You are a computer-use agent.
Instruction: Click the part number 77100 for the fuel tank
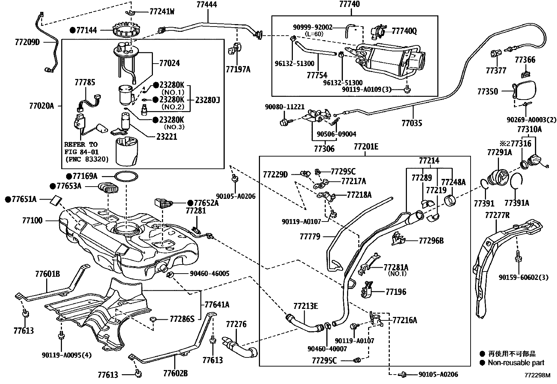point(32,220)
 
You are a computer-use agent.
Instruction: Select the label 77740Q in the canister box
point(404,31)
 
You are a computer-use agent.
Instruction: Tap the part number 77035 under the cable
point(412,123)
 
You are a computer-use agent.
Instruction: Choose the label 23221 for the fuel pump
point(167,137)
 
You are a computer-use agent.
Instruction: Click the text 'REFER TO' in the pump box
point(81,144)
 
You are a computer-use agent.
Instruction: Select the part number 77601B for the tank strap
point(47,274)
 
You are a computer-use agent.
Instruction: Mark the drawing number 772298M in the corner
point(537,376)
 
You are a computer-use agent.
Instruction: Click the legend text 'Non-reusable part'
point(516,363)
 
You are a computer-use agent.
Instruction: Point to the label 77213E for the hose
point(305,306)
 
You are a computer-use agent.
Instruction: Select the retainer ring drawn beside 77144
point(125,30)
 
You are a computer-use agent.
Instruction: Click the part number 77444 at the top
point(206,5)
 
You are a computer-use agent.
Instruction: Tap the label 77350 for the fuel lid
point(488,92)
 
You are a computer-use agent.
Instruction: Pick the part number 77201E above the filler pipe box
point(366,146)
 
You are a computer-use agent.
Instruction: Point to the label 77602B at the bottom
point(175,373)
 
